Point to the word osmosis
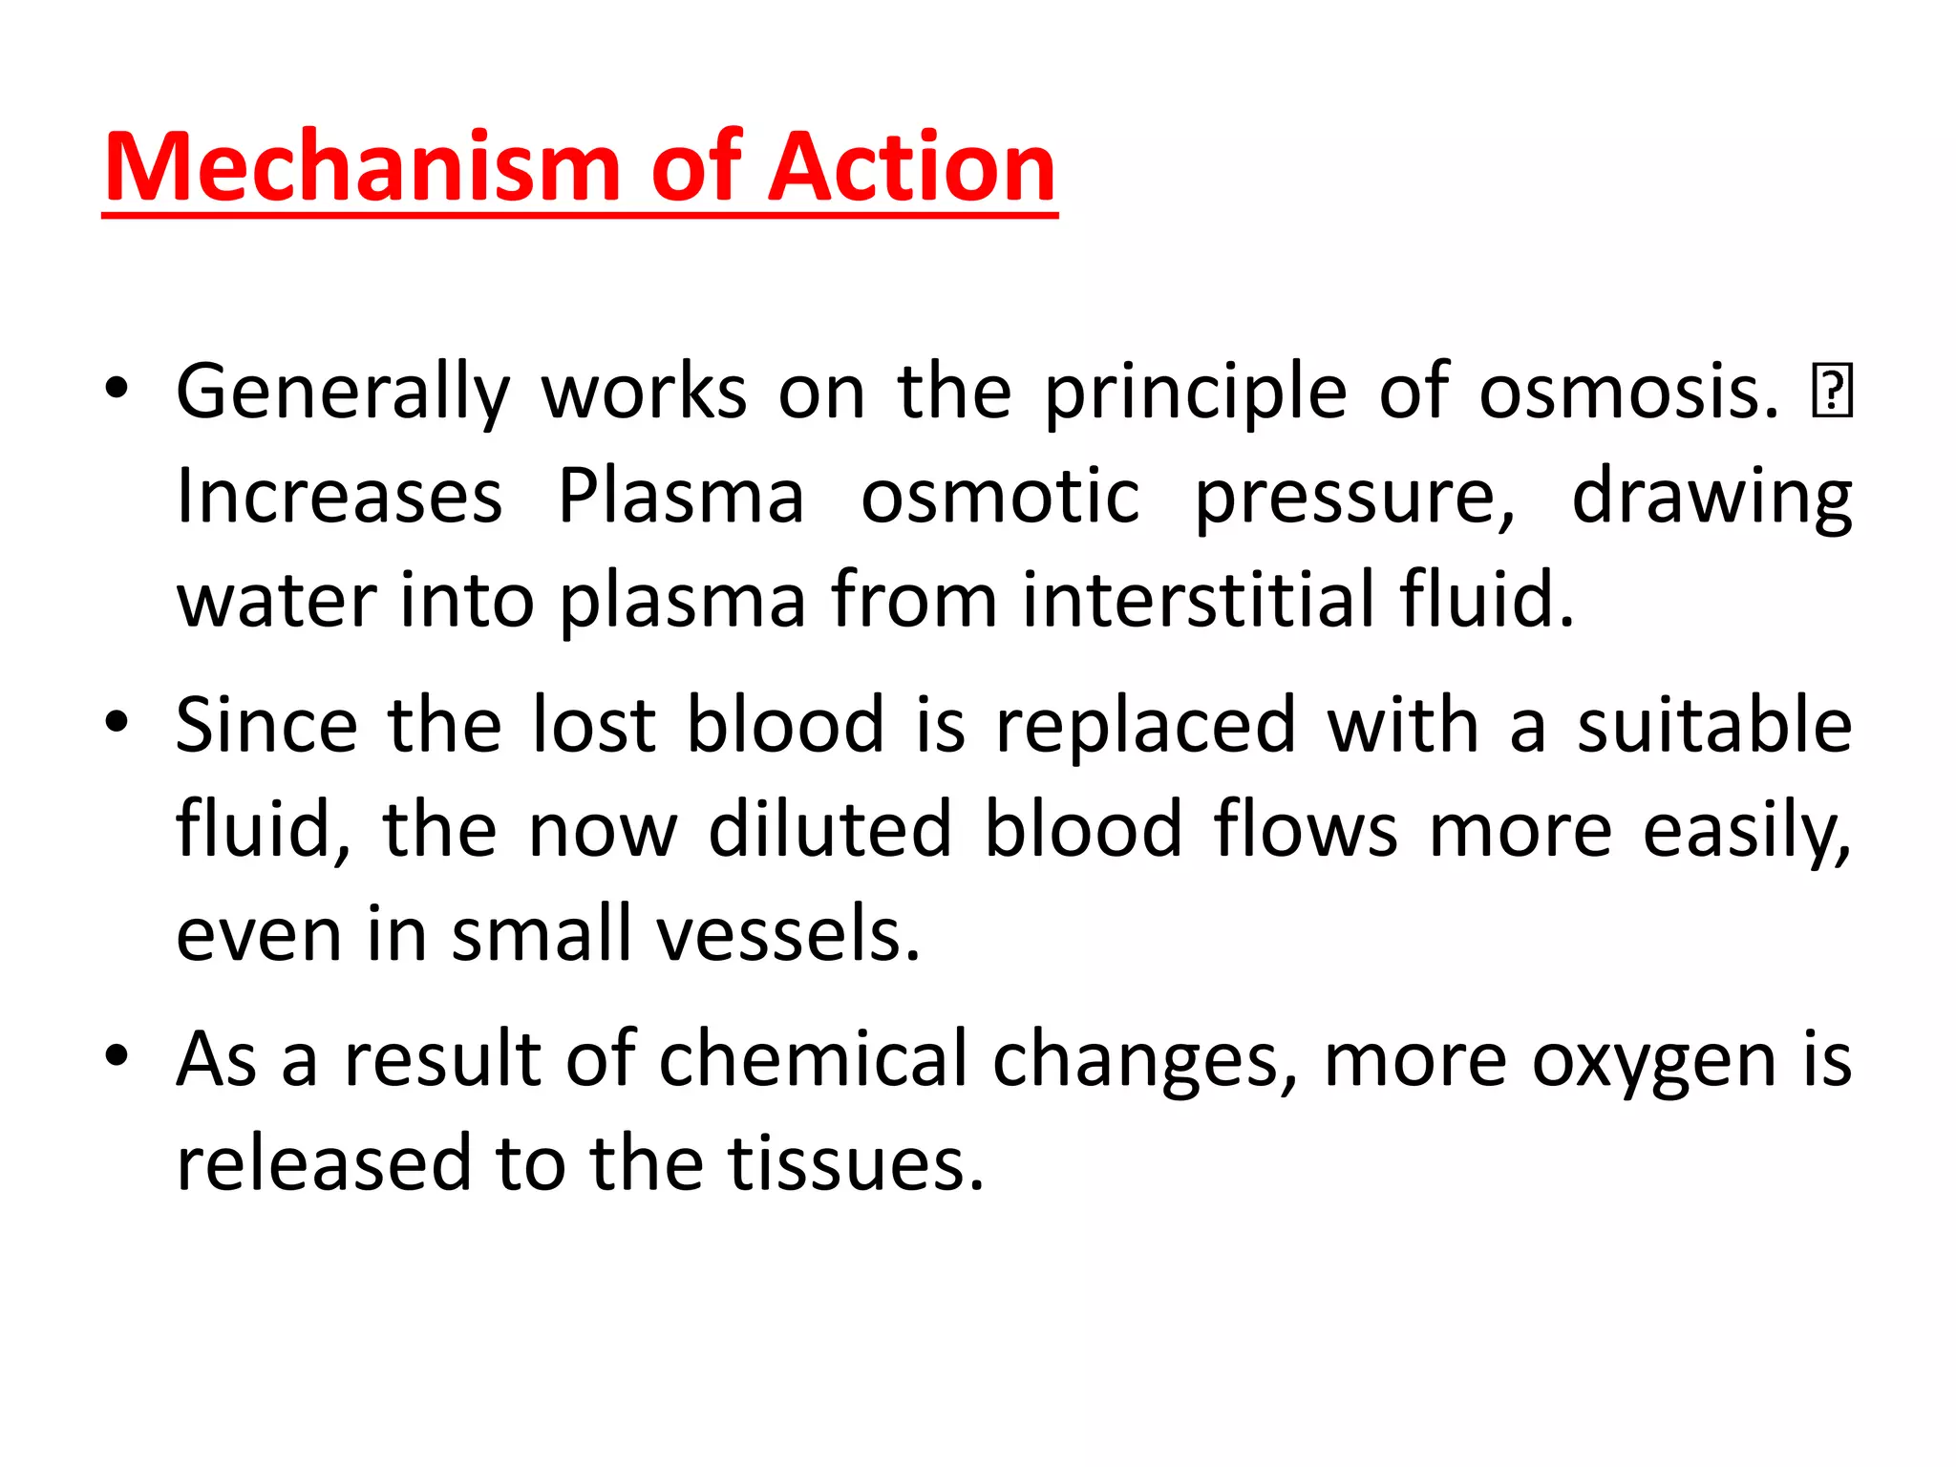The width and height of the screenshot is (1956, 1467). point(1627,393)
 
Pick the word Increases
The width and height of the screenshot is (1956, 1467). point(339,496)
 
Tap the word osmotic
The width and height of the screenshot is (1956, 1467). point(1000,496)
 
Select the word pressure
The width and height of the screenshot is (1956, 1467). point(1354,498)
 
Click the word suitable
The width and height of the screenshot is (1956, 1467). point(1714,725)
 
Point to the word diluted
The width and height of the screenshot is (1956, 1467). point(830,829)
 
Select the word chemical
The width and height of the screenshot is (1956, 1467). point(813,1059)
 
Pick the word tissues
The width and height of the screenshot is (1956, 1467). point(856,1163)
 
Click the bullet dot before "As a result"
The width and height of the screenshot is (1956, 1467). point(117,1056)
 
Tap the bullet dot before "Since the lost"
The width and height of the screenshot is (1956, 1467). point(117,722)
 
